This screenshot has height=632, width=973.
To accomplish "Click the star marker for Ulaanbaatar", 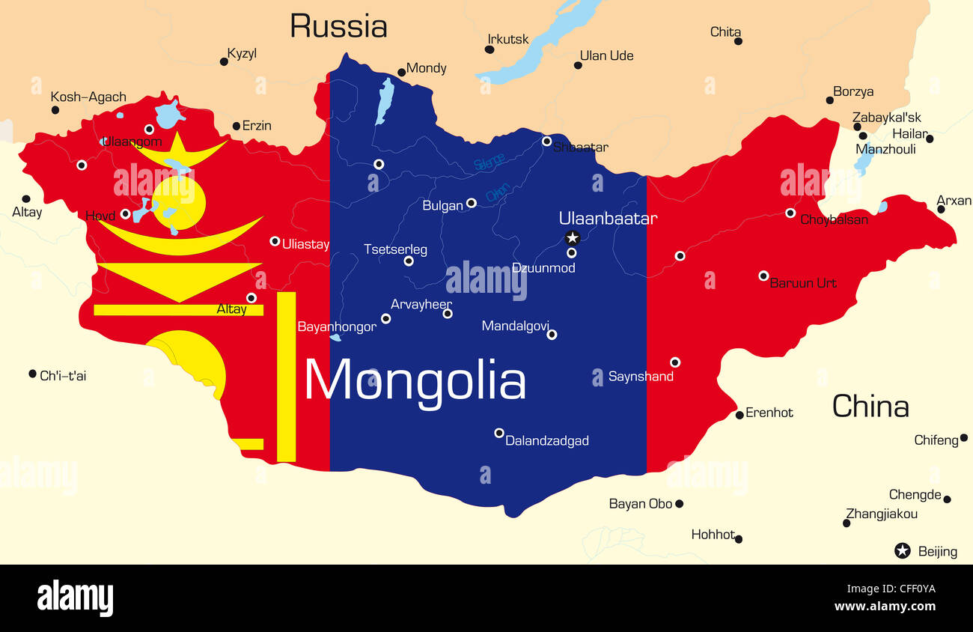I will [x=573, y=238].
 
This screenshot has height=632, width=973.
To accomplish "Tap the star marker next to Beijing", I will [x=903, y=551].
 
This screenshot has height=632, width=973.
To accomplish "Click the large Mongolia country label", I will [x=415, y=380].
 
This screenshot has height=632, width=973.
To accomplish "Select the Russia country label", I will [x=338, y=26].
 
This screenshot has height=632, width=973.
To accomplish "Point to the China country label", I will [x=870, y=407].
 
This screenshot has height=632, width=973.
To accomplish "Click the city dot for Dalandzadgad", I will [x=499, y=433].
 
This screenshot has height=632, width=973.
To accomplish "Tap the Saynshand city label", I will [x=641, y=377].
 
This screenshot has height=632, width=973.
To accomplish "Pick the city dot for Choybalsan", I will [x=790, y=213].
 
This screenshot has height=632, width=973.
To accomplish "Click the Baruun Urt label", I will [x=803, y=283].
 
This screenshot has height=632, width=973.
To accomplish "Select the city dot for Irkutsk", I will [x=489, y=49].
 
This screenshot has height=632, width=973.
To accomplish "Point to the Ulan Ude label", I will [x=606, y=55].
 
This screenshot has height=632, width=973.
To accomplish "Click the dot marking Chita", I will [x=738, y=41].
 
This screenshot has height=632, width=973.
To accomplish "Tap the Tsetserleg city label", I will [x=395, y=249].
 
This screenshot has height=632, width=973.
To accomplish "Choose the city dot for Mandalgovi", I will [x=552, y=335].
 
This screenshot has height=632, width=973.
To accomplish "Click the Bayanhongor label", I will [x=337, y=327].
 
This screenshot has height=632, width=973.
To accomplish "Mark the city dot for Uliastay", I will [x=275, y=241].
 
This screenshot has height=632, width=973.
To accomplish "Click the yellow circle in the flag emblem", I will [x=178, y=201].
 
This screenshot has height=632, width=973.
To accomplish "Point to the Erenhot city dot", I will [x=739, y=415].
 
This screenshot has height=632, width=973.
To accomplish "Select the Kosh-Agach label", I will [x=88, y=97].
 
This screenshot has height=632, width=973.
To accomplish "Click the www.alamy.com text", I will [x=885, y=607].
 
